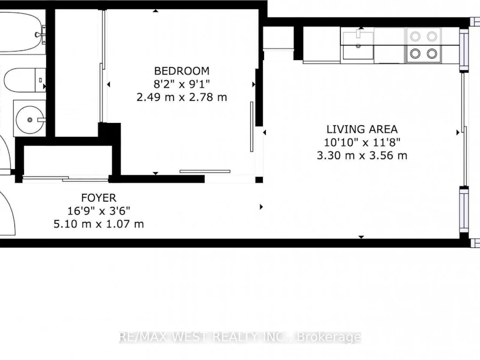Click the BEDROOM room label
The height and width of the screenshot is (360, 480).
pyautogui.click(x=182, y=71)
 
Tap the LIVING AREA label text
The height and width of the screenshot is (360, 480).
pyautogui.click(x=362, y=130)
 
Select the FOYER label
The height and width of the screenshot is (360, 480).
pyautogui.click(x=99, y=198)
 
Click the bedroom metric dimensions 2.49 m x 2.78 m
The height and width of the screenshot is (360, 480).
pyautogui.click(x=182, y=97)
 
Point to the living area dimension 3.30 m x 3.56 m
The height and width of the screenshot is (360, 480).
pyautogui.click(x=362, y=155)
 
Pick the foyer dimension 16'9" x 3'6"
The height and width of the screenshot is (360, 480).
pyautogui.click(x=99, y=211)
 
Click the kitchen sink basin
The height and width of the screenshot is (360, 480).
pyautogui.click(x=358, y=46)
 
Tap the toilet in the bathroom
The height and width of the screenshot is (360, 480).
pyautogui.click(x=25, y=80)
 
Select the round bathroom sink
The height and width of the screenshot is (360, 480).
pyautogui.click(x=29, y=119)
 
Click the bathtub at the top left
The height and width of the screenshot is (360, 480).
pyautogui.click(x=22, y=33)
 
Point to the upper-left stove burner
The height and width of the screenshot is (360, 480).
pyautogui.click(x=415, y=37)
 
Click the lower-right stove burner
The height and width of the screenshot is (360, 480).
pyautogui.click(x=432, y=53)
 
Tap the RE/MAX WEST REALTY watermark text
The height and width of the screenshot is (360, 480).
pyautogui.click(x=241, y=337)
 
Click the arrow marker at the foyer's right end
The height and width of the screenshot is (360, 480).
pyautogui.click(x=261, y=207)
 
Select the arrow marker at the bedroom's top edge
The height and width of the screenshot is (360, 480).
pyautogui.click(x=155, y=11)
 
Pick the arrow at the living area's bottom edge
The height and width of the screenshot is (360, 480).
pyautogui.click(x=361, y=237)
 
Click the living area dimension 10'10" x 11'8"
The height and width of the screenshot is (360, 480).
pyautogui.click(x=362, y=142)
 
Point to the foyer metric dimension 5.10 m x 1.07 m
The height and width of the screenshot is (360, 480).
pyautogui.click(x=99, y=224)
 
